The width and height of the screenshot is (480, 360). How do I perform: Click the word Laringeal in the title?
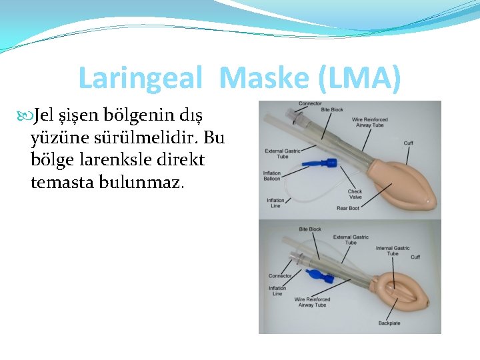coord(140,79)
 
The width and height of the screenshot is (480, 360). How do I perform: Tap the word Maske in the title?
coord(264,79)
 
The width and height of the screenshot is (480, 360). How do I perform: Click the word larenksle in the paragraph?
coord(113,160)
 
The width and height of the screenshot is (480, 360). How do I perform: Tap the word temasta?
coord(61,182)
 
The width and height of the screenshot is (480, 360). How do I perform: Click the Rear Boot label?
coord(347,208)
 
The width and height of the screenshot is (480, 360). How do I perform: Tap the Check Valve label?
coord(355,194)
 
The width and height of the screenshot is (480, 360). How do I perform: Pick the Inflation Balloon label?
coord(271,176)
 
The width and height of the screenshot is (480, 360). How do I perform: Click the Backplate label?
coord(389,323)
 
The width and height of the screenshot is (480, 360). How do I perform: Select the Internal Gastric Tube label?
coord(393,251)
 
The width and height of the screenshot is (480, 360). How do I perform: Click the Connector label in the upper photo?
coord(310,103)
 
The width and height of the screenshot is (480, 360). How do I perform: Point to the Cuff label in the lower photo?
coord(415,257)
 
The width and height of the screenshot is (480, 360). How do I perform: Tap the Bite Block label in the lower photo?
coord(310,229)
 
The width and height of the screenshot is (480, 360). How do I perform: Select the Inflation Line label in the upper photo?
coord(275,202)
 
